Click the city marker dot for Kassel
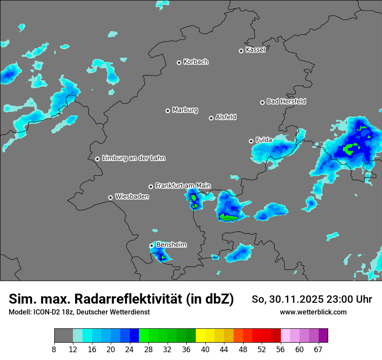(x=241, y=51)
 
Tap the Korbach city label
(x=196, y=62)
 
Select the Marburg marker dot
(x=168, y=111)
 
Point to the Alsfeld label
(x=226, y=117)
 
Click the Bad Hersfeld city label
(x=286, y=101)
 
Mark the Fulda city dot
(x=251, y=141)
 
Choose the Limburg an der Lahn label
(x=133, y=158)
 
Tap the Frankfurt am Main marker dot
(x=151, y=187)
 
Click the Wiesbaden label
(x=132, y=197)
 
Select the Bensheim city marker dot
(x=151, y=245)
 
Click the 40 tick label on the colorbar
(x=205, y=349)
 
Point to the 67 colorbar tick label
(x=318, y=349)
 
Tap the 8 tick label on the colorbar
(x=54, y=349)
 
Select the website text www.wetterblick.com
(x=313, y=312)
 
